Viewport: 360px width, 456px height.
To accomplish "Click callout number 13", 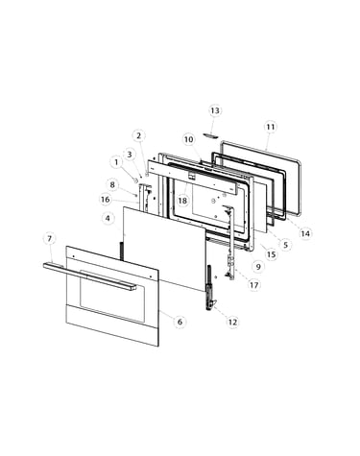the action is [215, 110].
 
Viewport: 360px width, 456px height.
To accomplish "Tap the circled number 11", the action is [271, 127].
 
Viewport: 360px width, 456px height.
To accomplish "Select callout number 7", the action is [49, 238].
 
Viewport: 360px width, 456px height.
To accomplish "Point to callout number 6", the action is [180, 322].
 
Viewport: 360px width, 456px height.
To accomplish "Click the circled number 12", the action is [232, 322].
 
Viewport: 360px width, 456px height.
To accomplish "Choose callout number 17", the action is [254, 284].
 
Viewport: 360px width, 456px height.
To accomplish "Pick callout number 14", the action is [305, 233].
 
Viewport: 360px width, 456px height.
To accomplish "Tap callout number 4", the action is [108, 218].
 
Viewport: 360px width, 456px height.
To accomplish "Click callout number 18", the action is [182, 201].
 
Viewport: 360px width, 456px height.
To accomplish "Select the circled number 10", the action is [189, 139].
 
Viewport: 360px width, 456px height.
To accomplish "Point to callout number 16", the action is [106, 200].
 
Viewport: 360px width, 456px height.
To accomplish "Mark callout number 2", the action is [138, 135].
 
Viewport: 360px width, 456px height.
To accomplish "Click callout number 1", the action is [116, 162].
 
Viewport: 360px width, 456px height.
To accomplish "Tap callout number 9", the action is [258, 266].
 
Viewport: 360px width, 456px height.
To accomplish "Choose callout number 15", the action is [272, 254].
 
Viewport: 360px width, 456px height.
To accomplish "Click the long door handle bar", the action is [89, 276].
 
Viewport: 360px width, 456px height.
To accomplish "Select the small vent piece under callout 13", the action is [210, 135].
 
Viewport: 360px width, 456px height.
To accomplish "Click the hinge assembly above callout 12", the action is [210, 287].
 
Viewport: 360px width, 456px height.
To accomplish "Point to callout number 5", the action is [285, 245].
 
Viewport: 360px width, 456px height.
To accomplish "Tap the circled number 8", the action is [112, 184].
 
